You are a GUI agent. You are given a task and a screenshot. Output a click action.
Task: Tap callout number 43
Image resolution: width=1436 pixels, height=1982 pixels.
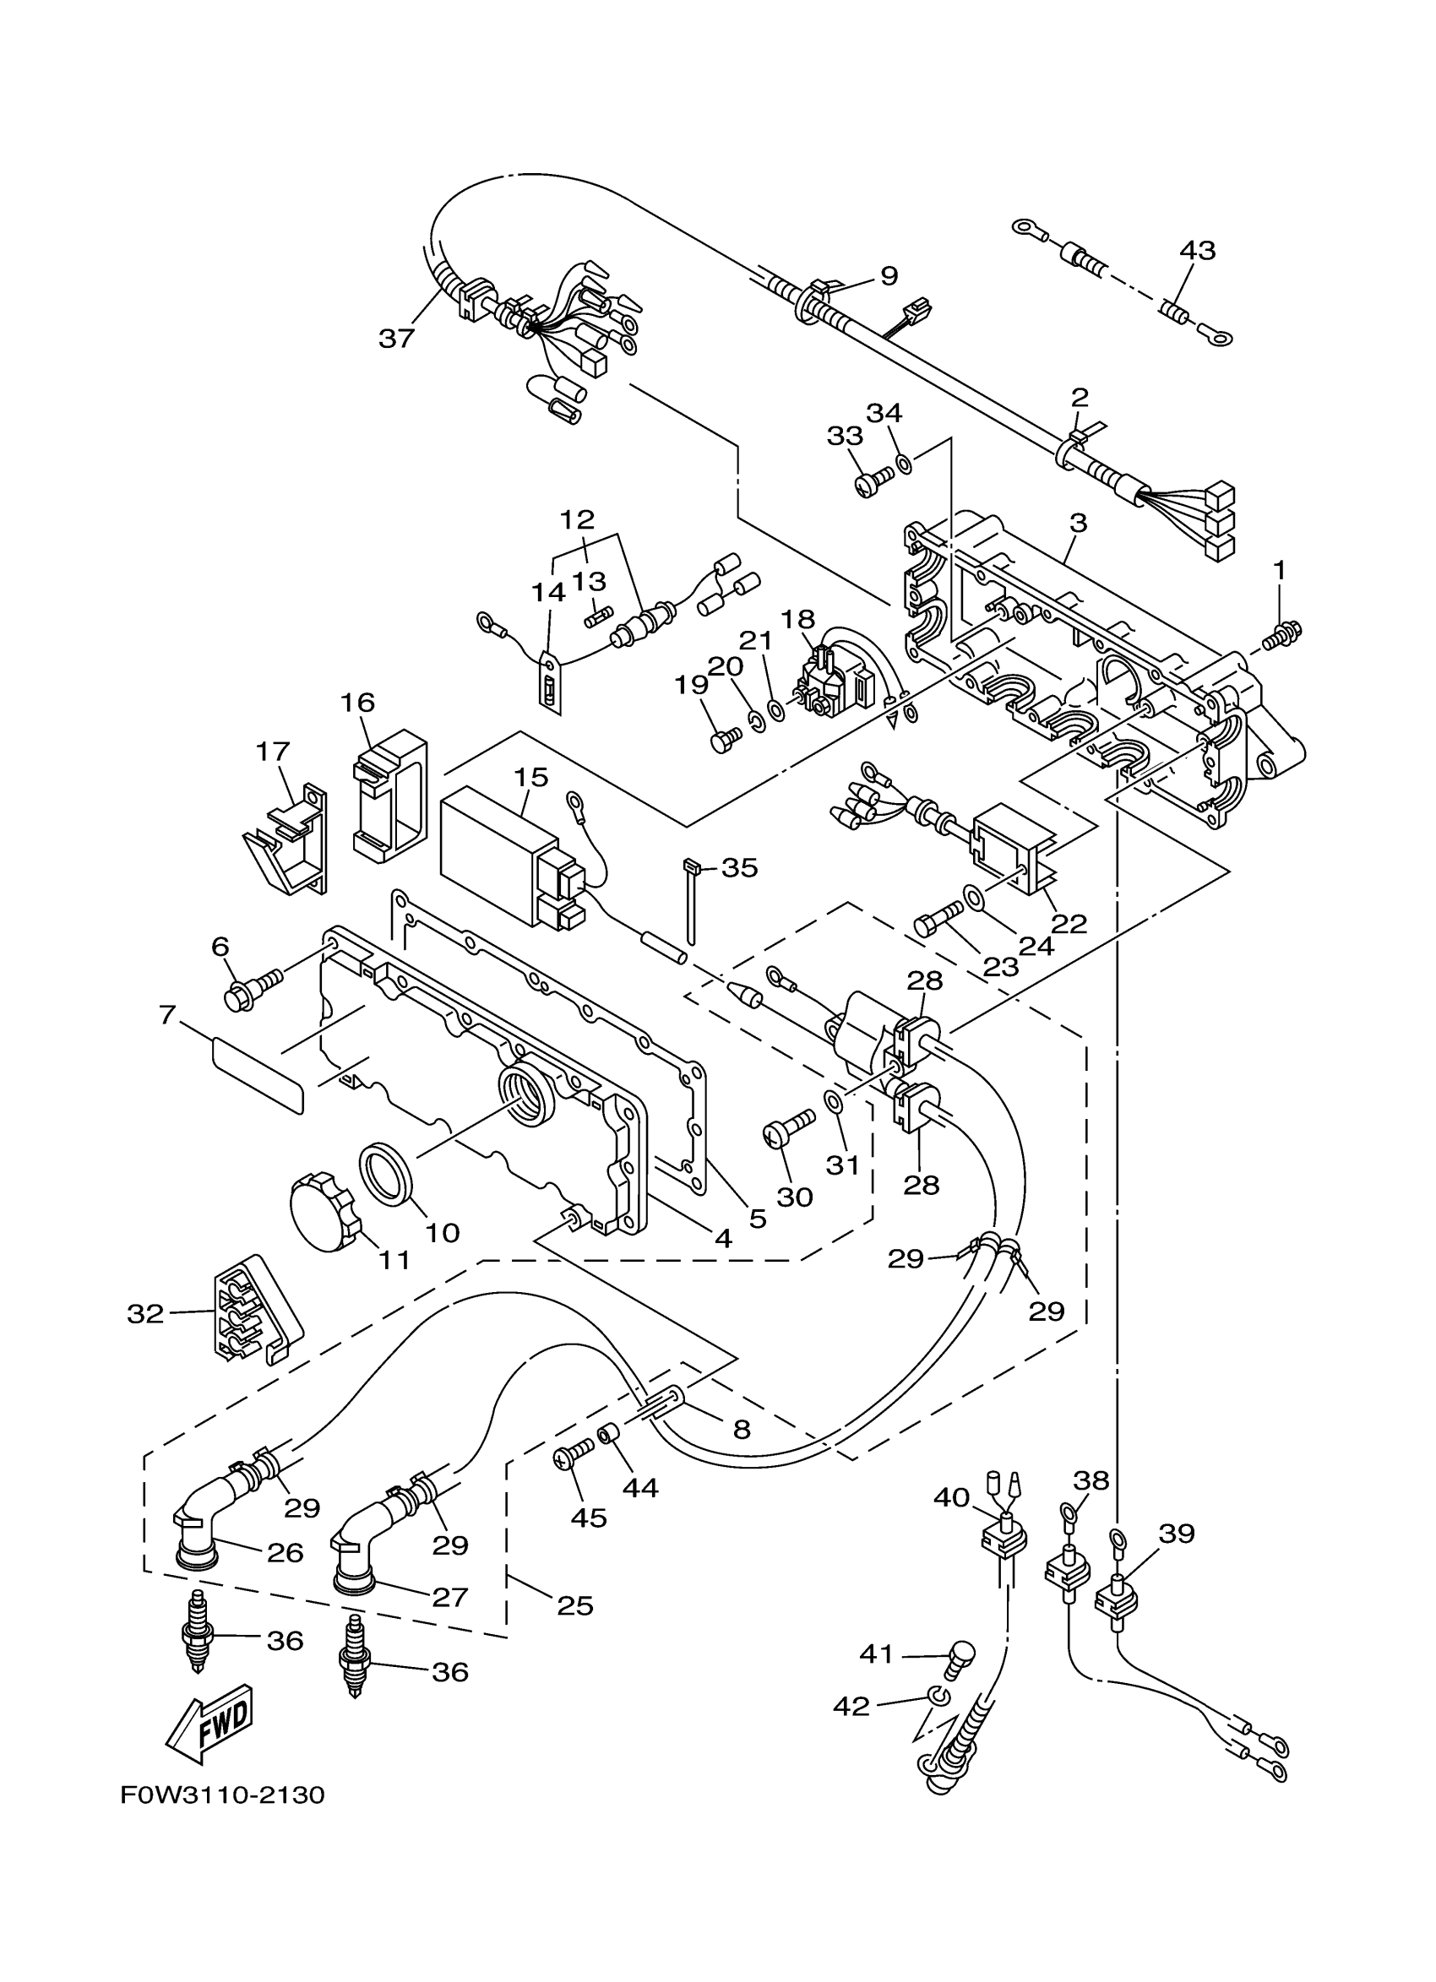click(x=1196, y=251)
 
